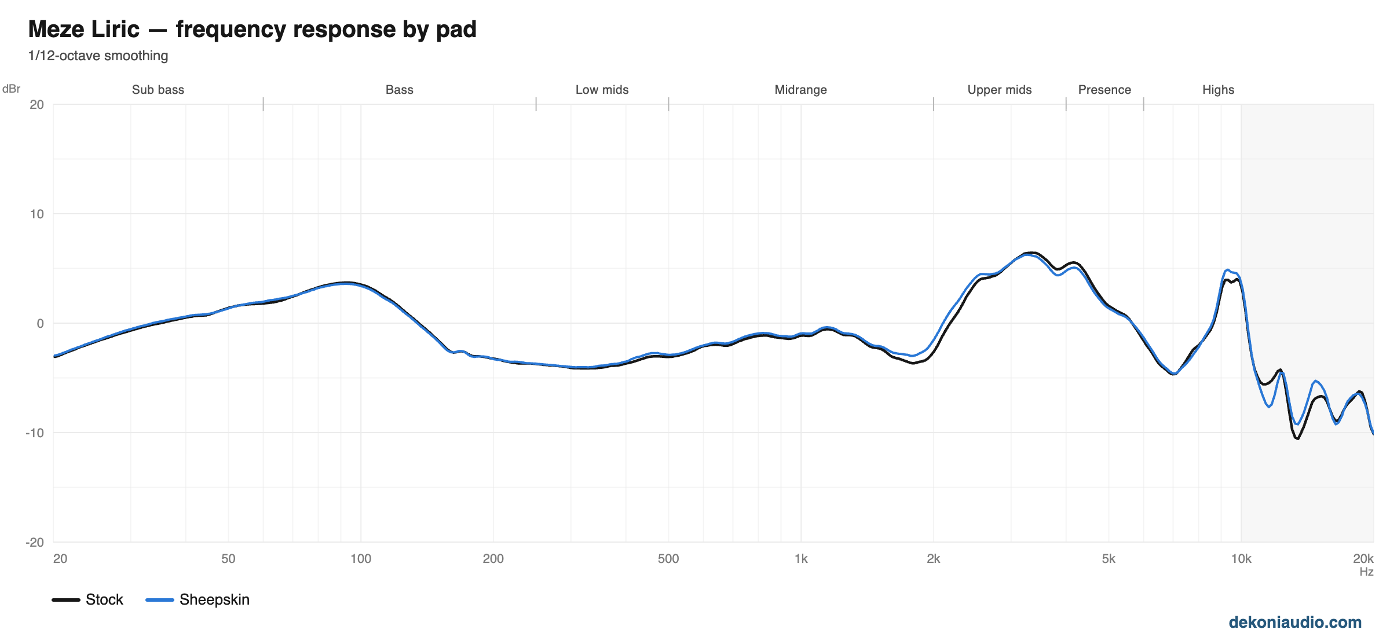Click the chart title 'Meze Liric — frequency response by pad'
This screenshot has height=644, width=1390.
click(x=252, y=29)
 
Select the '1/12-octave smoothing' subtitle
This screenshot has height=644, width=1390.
click(x=98, y=56)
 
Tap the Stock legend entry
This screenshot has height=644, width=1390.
click(x=87, y=599)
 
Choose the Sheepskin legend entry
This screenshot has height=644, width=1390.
click(x=197, y=599)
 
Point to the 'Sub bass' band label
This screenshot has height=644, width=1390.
click(x=158, y=90)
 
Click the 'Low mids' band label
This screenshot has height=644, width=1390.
click(x=602, y=90)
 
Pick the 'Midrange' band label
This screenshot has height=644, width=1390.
click(x=800, y=90)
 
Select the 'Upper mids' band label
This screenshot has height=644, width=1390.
click(x=1000, y=90)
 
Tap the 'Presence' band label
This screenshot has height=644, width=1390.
click(x=1104, y=90)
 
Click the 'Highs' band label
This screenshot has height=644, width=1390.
click(x=1218, y=90)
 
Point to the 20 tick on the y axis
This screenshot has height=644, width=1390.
click(x=37, y=104)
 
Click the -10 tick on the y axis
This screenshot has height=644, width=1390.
click(x=34, y=433)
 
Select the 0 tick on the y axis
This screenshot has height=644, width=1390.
click(x=40, y=323)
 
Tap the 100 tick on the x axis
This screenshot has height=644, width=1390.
click(x=361, y=558)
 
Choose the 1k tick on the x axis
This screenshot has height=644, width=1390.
click(x=801, y=558)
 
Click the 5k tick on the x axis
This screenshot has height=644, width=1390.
click(x=1109, y=558)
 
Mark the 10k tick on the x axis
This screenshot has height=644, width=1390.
click(x=1241, y=558)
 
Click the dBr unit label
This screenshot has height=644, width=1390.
click(x=11, y=89)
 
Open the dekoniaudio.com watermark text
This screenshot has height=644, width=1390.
click(x=1295, y=622)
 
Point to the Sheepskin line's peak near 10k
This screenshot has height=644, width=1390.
click(x=1227, y=270)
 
